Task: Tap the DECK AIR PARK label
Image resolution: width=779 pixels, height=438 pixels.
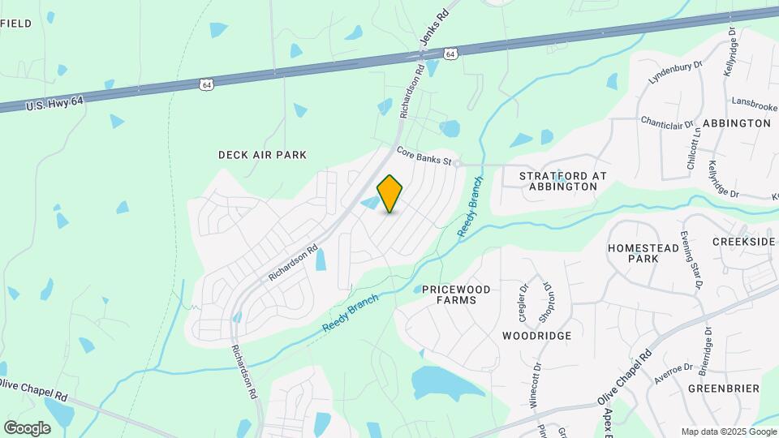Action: [x=251, y=154]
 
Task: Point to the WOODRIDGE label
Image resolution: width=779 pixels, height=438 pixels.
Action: [x=536, y=335]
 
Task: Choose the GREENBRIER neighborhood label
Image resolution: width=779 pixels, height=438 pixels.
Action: [x=723, y=389]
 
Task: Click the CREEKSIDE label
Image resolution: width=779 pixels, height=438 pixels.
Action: [x=744, y=242]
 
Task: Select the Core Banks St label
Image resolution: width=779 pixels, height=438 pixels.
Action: [x=424, y=156]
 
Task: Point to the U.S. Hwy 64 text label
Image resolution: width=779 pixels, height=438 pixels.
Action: [x=54, y=102]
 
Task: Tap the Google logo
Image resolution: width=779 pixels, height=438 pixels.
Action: [x=27, y=427]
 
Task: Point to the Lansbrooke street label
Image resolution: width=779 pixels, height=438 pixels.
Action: [x=754, y=105]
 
